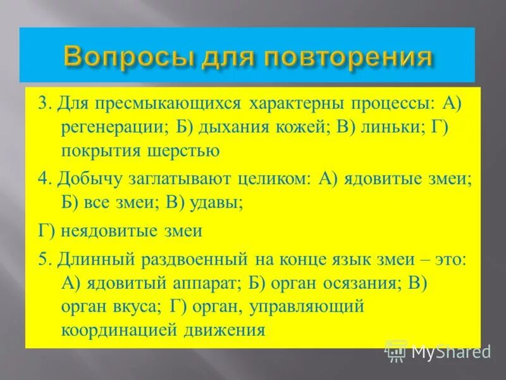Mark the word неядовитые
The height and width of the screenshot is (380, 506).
(109, 231)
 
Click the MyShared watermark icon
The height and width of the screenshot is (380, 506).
(396, 349)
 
